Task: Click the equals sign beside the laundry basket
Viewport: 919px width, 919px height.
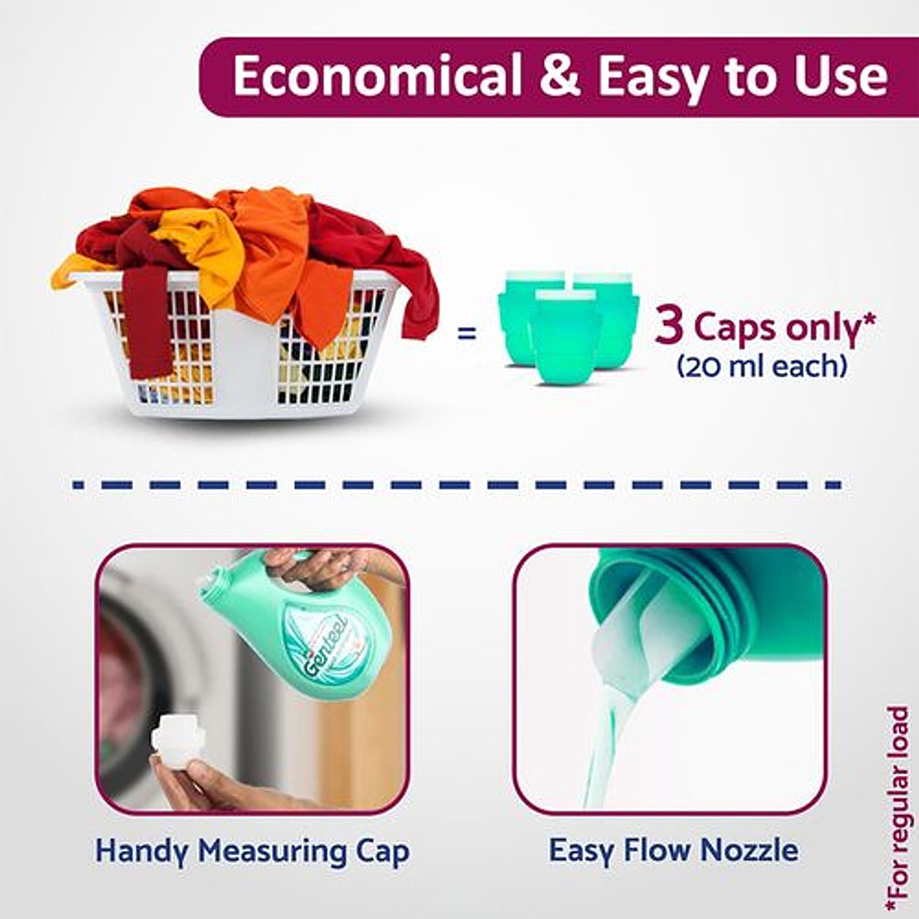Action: [467, 334]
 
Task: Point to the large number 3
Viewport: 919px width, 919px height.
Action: [669, 325]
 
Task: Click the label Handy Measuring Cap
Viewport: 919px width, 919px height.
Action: [252, 852]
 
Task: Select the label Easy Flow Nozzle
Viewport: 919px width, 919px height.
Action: [673, 850]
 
